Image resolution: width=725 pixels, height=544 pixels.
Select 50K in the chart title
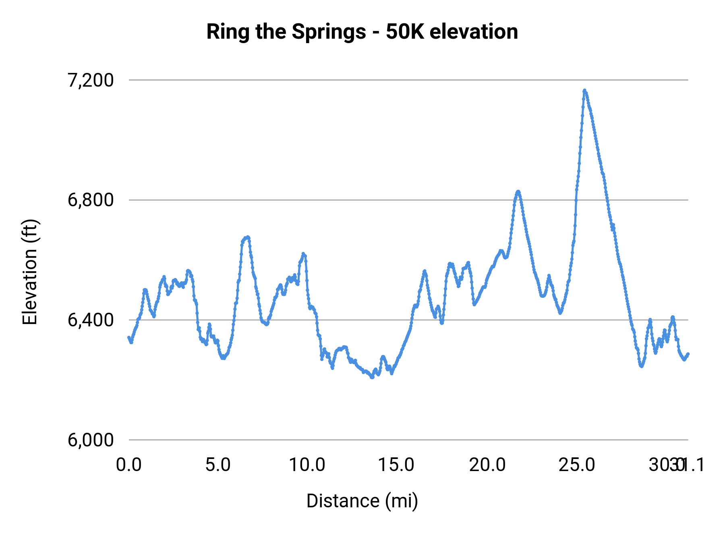coord(405,31)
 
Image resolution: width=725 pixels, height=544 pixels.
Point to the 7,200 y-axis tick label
coord(91,80)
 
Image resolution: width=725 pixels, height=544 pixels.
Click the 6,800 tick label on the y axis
coord(91,200)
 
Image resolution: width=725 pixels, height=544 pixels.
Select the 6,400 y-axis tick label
coord(91,320)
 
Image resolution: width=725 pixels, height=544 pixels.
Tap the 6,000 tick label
coord(91,440)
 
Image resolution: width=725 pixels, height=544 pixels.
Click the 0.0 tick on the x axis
coord(129,465)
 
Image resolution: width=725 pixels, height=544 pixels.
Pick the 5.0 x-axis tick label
coord(218,465)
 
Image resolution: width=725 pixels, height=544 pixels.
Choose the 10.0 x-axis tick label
coord(307,465)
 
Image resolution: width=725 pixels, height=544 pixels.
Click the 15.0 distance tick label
coord(397,465)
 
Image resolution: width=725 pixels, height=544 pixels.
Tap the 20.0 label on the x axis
coord(487,465)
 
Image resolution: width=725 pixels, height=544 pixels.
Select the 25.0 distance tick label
coord(577,465)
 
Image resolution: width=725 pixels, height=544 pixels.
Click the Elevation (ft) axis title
coord(30,272)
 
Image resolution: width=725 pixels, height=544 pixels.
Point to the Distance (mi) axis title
coord(362,501)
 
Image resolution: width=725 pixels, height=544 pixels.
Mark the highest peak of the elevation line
coord(584,90)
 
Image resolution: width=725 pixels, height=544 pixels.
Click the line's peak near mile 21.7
coord(518,191)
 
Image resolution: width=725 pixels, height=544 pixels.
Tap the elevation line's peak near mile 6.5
coord(248,237)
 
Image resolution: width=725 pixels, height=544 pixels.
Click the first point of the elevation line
coord(129,338)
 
